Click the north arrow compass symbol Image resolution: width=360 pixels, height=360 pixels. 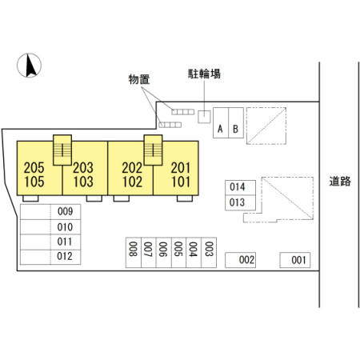[x=29, y=66]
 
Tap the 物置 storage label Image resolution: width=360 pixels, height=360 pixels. [x=139, y=79]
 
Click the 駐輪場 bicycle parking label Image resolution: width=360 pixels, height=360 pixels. [x=204, y=74]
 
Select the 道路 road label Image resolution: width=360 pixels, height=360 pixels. [x=340, y=182]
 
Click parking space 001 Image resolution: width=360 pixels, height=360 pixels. [x=295, y=260]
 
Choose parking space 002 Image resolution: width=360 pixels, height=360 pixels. [x=240, y=260]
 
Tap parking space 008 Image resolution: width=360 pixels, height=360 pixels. [x=134, y=252]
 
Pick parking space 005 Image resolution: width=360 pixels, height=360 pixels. [x=178, y=252]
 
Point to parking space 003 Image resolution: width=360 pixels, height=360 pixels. [x=209, y=252]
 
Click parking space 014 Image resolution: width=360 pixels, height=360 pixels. [x=240, y=188]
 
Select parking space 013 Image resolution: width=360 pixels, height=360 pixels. [x=240, y=203]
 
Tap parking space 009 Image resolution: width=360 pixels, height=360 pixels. [x=50, y=212]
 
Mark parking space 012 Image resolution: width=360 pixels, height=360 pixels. [x=50, y=257]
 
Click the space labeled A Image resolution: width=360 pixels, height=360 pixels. [x=221, y=122]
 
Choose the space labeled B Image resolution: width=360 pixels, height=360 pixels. [x=236, y=122]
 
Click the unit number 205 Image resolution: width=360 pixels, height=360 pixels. [x=34, y=168]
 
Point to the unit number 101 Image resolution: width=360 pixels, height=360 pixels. [x=181, y=182]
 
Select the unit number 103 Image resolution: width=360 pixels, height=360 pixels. [x=83, y=182]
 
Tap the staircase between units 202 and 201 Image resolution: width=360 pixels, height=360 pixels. [x=153, y=150]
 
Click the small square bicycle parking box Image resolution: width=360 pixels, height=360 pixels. [x=204, y=117]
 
